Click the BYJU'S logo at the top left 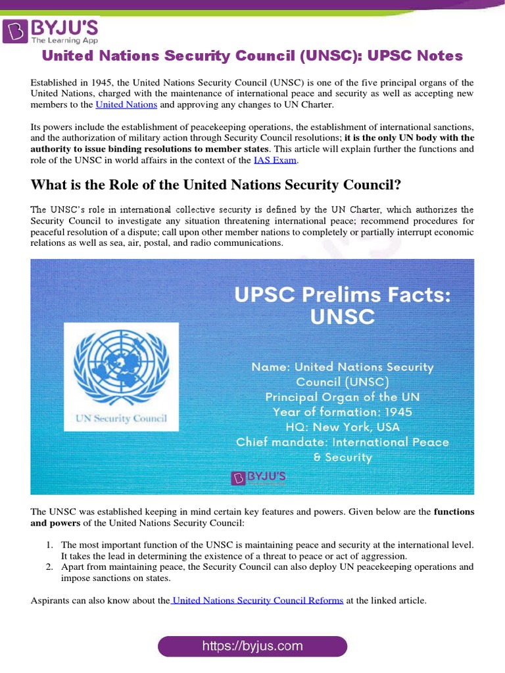point(51,31)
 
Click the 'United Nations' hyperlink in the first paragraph point(126,104)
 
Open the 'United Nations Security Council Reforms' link point(257,600)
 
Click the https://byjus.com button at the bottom point(252,646)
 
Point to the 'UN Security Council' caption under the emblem point(121,418)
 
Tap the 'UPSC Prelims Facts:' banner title point(343,296)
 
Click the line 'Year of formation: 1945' point(343,412)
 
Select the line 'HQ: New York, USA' point(343,427)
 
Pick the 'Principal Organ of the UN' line point(343,397)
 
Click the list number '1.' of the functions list point(50,545)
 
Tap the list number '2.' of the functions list point(50,567)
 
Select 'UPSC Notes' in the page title point(414,56)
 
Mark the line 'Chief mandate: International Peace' point(343,442)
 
